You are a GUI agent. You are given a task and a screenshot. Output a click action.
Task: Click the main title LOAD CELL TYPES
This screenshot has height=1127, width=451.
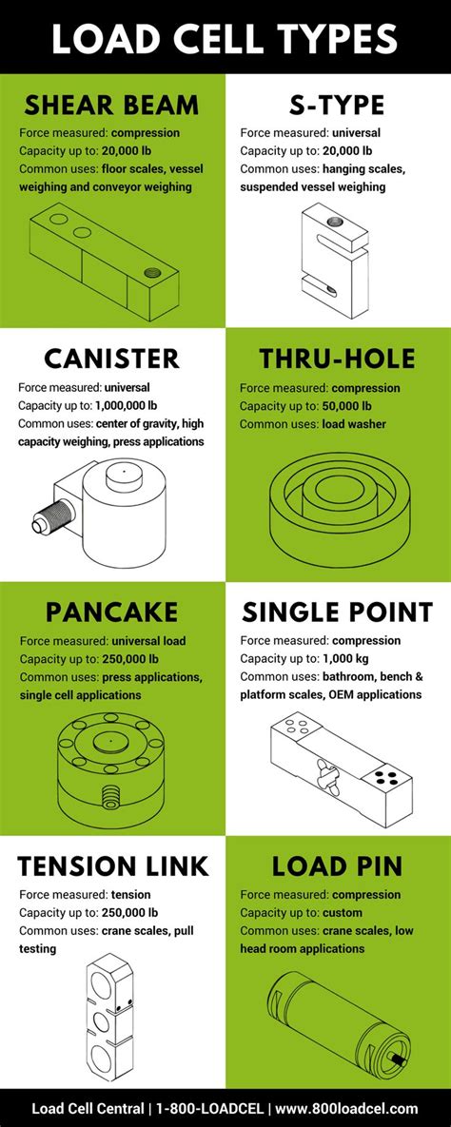[x=225, y=39]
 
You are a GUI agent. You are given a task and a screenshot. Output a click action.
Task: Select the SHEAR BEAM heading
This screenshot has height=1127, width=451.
[x=112, y=104]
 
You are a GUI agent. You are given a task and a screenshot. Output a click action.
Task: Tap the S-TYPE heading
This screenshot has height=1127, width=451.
[x=337, y=104]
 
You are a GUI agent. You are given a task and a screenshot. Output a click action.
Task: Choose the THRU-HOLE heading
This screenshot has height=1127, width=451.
[x=337, y=359]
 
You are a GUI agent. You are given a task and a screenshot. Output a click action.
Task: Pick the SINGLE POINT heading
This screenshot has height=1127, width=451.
[x=337, y=612]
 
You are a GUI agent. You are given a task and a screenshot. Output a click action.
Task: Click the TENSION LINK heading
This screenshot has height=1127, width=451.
[x=112, y=865]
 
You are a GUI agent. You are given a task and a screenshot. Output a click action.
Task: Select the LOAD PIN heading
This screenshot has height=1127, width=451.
[x=337, y=865]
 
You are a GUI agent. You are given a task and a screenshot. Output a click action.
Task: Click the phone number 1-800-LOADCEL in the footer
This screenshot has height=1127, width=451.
[x=203, y=1109]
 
